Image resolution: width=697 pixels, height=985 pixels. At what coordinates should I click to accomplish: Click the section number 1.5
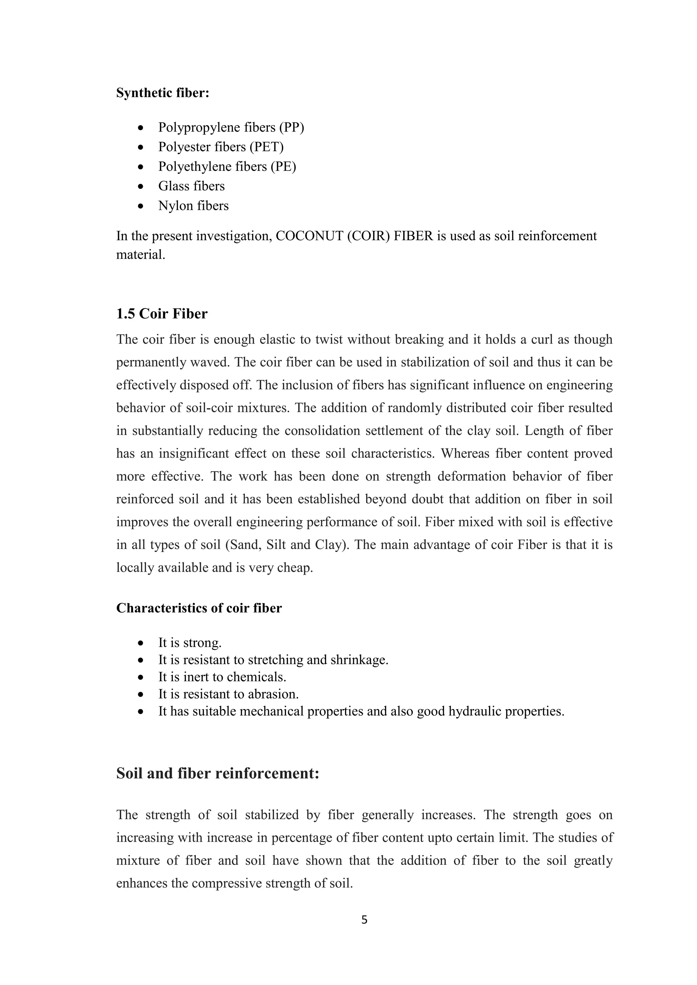(126, 314)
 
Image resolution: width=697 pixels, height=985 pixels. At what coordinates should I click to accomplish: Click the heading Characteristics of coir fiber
(199, 608)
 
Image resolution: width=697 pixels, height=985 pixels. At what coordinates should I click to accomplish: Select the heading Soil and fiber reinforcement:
(217, 773)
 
